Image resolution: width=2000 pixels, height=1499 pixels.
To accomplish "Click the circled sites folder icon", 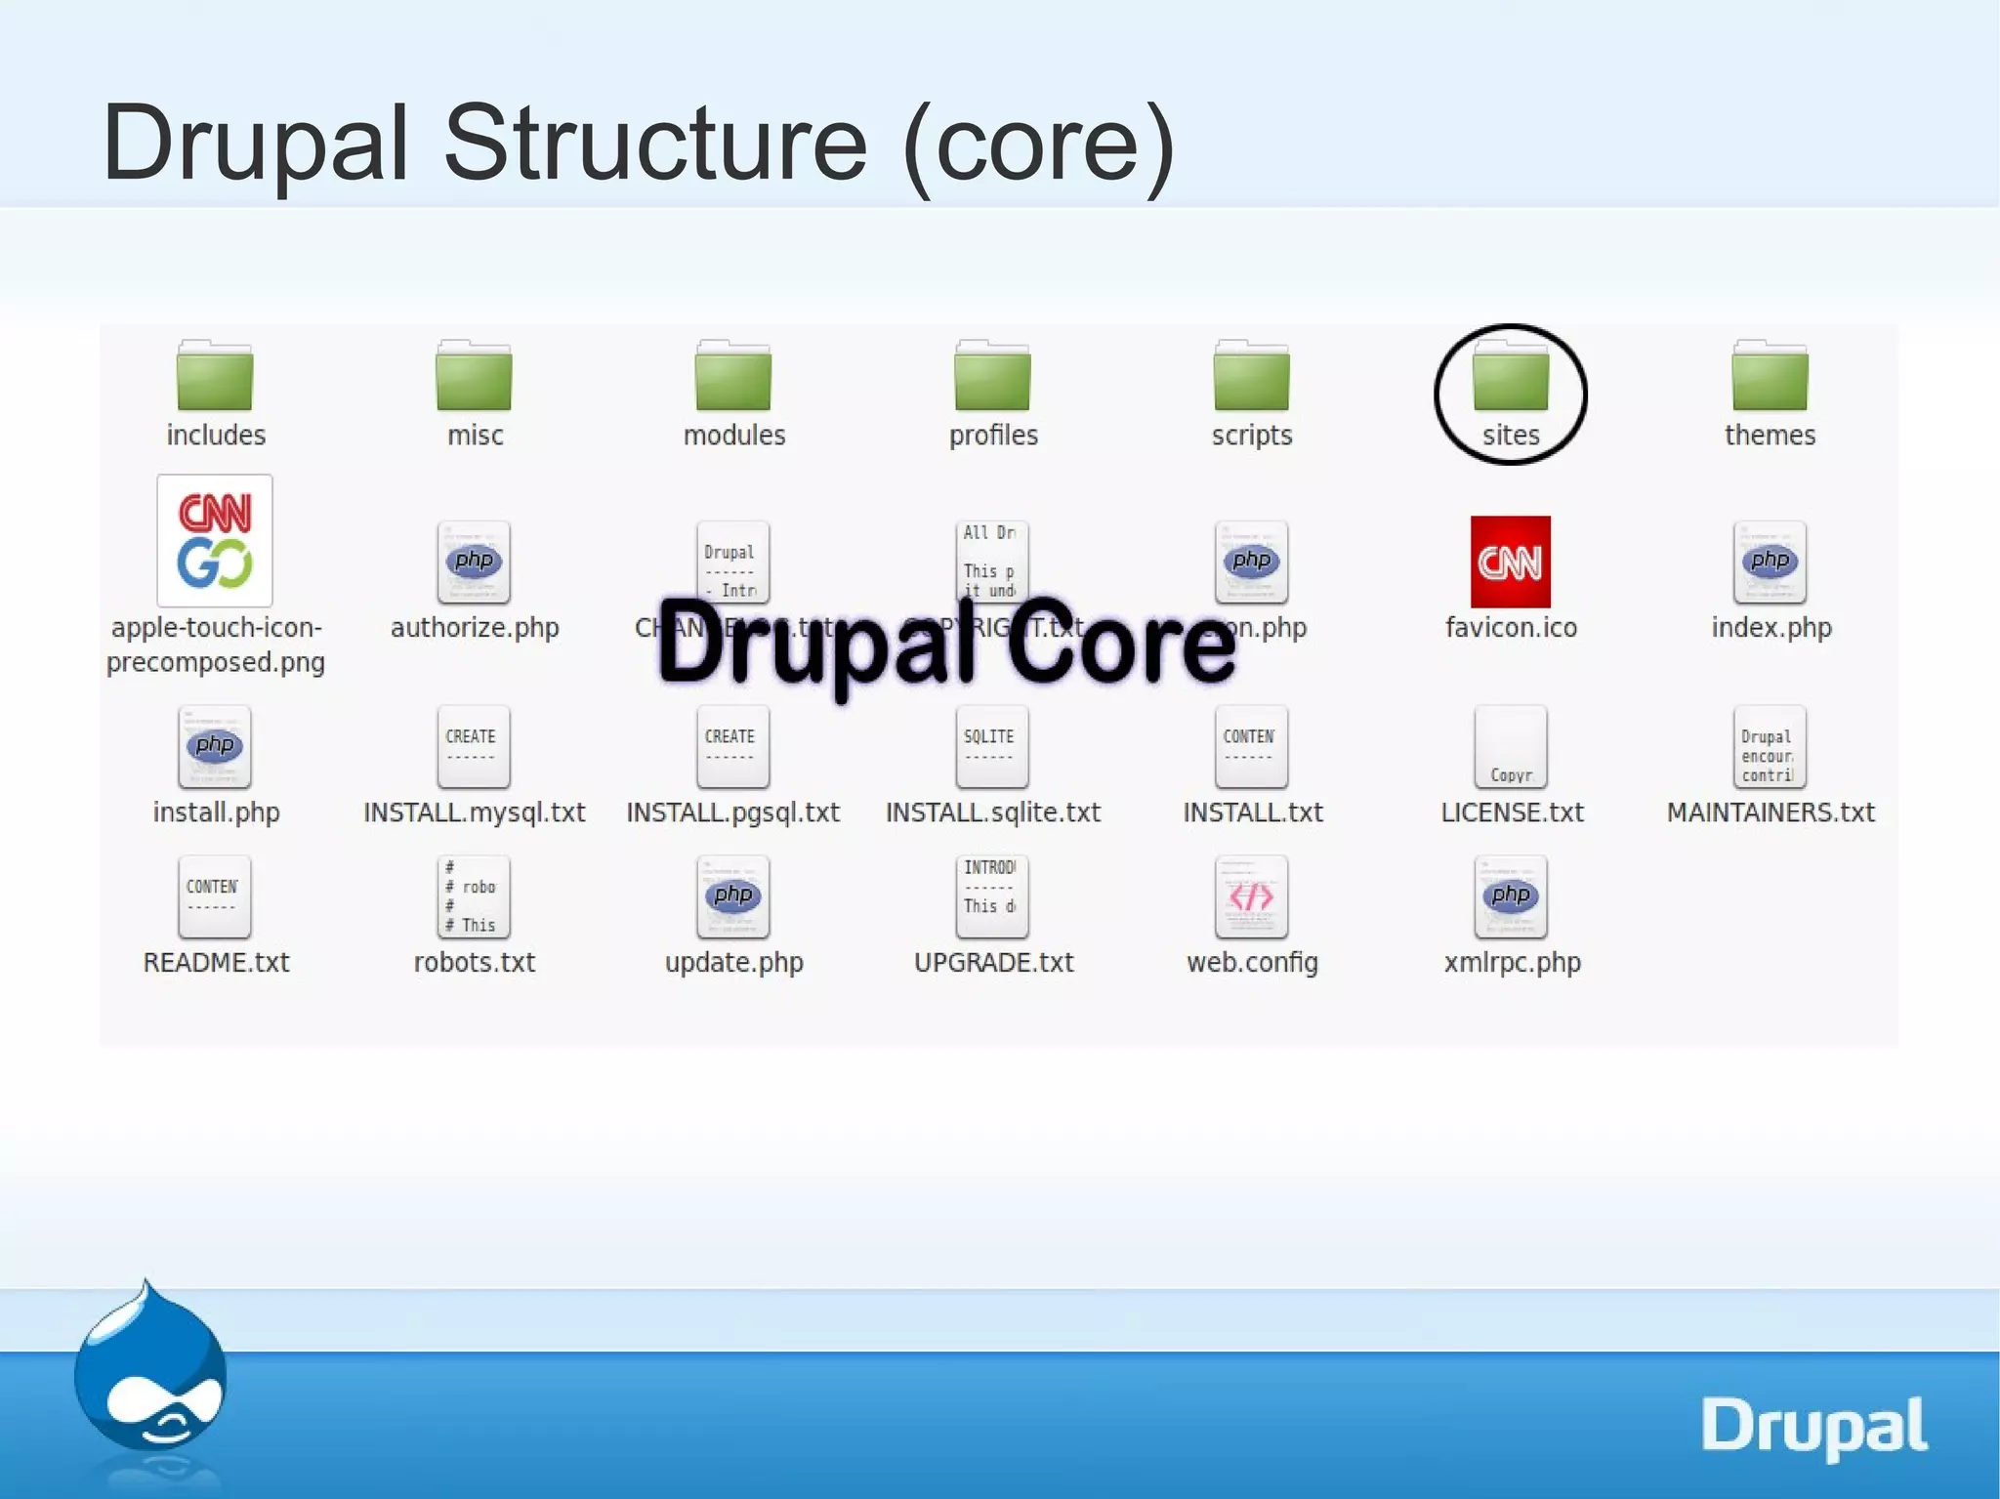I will point(1510,378).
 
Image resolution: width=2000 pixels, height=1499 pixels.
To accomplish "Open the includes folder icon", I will point(215,378).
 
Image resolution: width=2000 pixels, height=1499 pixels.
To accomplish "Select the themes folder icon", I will point(1770,378).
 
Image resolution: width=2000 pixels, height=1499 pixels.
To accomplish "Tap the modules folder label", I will point(733,436).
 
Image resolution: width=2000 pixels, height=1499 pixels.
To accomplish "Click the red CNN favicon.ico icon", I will point(1510,562).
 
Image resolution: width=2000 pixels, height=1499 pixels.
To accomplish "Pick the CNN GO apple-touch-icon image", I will point(215,540).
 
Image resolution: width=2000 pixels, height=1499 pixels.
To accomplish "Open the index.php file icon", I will point(1770,562).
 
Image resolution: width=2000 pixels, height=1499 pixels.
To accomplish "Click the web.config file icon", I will point(1251,896).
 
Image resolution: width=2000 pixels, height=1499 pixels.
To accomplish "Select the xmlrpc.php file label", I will point(1512,963).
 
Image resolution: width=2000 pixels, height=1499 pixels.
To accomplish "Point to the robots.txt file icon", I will point(474,896).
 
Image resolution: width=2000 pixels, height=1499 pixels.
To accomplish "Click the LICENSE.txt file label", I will point(1512,812).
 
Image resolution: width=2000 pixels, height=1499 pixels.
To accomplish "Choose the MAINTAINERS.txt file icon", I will point(1770,747).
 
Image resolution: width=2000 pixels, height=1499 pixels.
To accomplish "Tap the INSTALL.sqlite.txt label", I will point(992,812).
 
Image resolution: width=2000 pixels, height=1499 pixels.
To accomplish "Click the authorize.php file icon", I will point(474,562).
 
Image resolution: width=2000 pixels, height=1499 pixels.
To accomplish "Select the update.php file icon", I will point(733,896).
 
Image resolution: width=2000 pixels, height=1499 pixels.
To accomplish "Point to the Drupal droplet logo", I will point(151,1367).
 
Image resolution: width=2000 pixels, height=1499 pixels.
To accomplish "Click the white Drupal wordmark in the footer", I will point(1813,1426).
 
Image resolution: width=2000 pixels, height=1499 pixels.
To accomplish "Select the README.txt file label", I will point(216,963).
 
